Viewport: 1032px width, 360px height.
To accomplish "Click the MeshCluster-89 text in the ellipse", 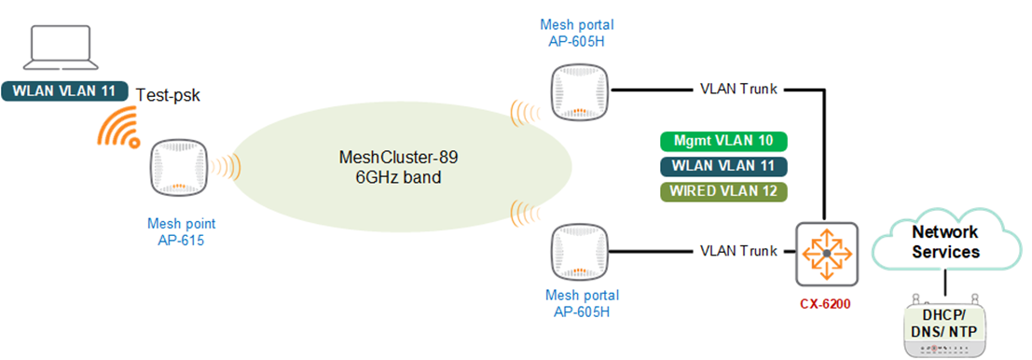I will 399,157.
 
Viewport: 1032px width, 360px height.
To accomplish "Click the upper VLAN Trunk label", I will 738,90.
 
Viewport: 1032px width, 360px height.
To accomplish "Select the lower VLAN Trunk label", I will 738,251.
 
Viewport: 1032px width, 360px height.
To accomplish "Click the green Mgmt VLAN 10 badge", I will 723,141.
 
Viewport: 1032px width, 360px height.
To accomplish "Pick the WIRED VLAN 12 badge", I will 723,191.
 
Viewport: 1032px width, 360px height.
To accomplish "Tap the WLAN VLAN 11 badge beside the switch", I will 723,166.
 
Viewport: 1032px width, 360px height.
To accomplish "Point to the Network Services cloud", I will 944,241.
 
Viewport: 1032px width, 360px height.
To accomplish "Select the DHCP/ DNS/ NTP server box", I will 944,326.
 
